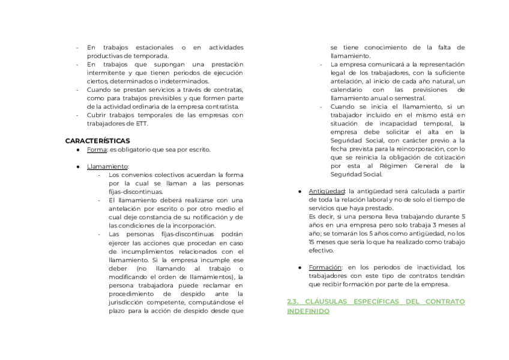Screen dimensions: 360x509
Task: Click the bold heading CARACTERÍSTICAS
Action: pyautogui.click(x=98, y=140)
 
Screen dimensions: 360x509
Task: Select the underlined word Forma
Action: pyautogui.click(x=97, y=149)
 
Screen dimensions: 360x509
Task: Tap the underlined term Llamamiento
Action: pyautogui.click(x=107, y=166)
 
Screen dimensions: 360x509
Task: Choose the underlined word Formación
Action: pyautogui.click(x=325, y=267)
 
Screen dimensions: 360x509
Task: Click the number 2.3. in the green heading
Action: pyautogui.click(x=294, y=301)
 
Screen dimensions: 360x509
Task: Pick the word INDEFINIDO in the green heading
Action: pyautogui.click(x=308, y=311)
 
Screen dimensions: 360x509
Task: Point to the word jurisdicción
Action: pyautogui.click(x=128, y=302)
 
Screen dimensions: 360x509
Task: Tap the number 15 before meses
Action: pyautogui.click(x=312, y=241)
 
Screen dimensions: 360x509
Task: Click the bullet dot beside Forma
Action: pyautogui.click(x=79, y=149)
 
